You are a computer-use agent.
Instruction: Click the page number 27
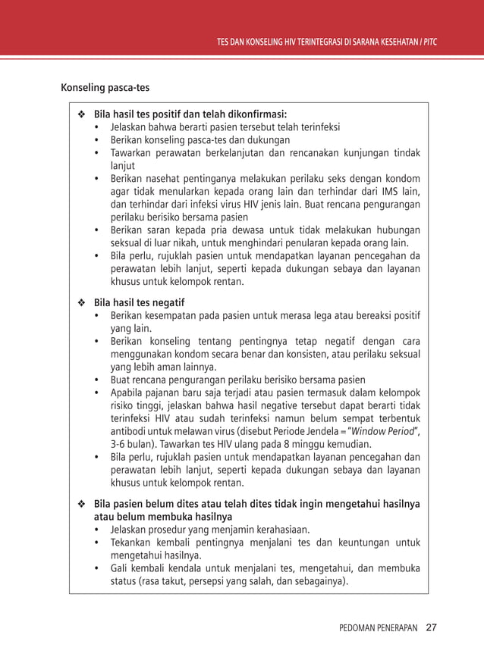(x=432, y=627)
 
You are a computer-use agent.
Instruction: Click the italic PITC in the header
(x=431, y=41)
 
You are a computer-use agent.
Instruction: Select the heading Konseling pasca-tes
(x=105, y=87)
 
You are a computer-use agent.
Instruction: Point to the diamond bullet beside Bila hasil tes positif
(x=81, y=114)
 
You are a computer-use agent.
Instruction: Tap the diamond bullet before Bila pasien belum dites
(x=81, y=504)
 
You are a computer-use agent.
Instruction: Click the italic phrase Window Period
(x=386, y=431)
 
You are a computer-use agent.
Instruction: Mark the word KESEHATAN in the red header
(x=393, y=41)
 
